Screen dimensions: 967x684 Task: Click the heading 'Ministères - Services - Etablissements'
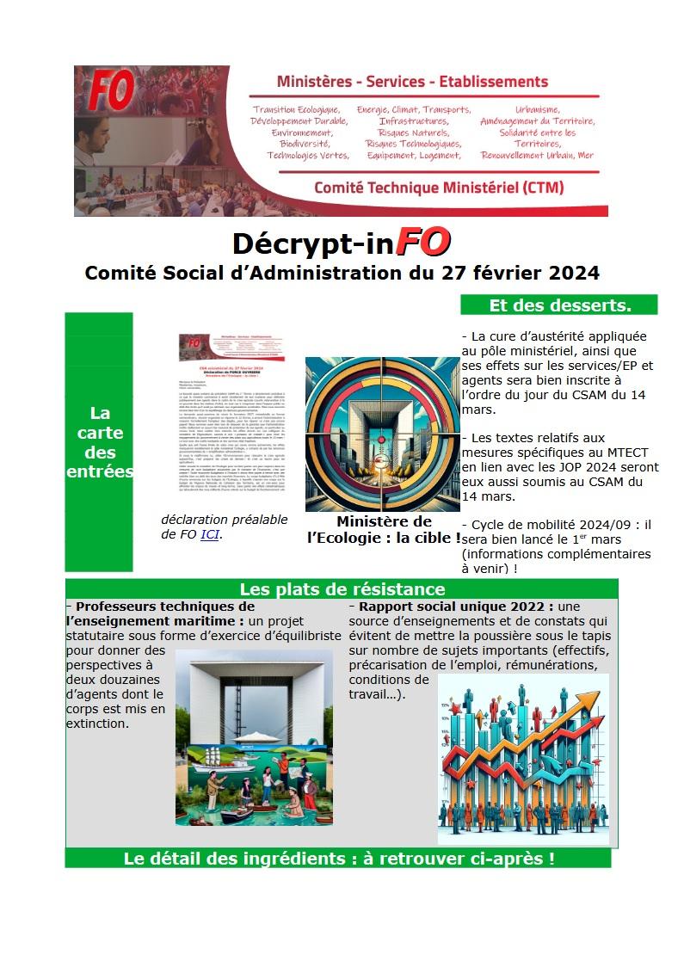[412, 82]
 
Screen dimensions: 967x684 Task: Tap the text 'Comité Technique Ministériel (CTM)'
[427, 187]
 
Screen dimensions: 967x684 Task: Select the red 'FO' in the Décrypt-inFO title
[422, 243]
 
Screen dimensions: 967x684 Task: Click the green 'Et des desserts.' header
[559, 305]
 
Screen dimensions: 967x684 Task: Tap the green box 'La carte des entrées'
[99, 442]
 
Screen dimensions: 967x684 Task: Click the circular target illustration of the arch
[382, 434]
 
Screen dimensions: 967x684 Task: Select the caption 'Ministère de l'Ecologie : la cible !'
[383, 530]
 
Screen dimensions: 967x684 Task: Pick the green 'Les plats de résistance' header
[342, 589]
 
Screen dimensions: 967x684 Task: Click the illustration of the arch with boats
[254, 737]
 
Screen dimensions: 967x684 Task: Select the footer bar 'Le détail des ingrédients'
[338, 858]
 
